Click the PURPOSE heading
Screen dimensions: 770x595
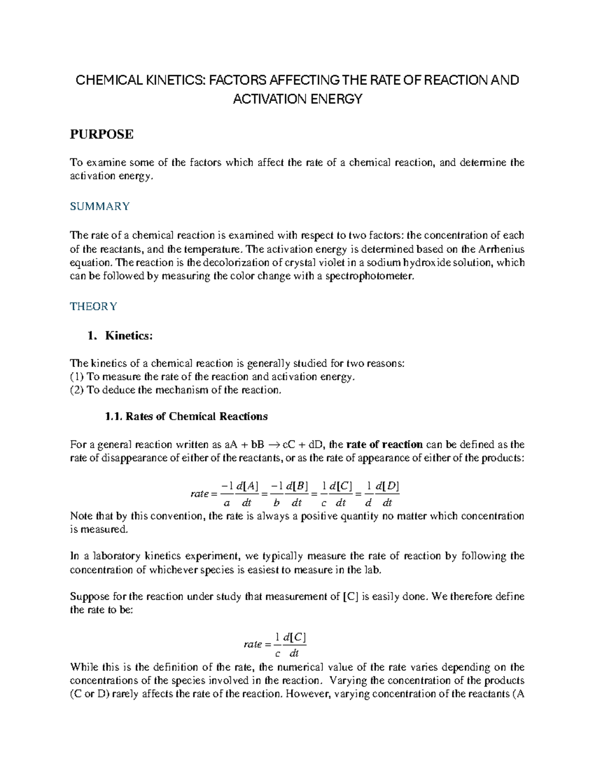101,134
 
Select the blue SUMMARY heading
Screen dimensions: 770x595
100,206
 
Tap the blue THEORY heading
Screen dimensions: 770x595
93,306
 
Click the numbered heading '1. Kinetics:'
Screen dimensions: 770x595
120,336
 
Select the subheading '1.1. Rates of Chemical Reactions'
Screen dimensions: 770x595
186,416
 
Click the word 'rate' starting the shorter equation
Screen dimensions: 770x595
253,645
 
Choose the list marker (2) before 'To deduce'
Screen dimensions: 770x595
77,390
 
